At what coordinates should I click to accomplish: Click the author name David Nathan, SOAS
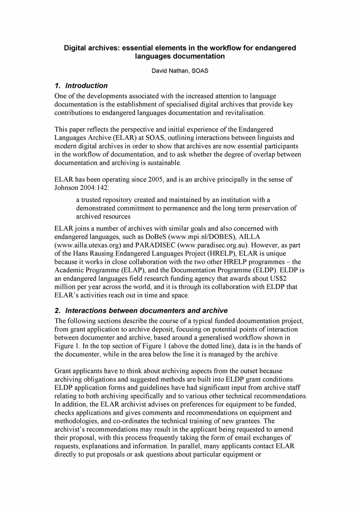point(180,70)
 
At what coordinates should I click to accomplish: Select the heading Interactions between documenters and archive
point(146,310)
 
